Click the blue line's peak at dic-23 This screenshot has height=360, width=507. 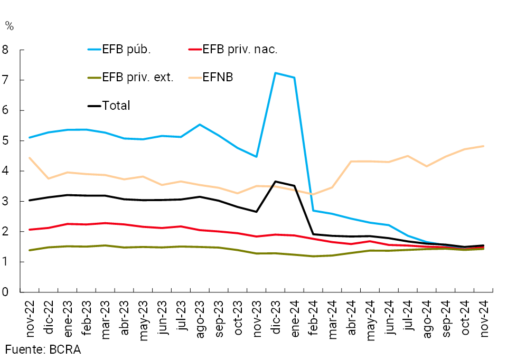coord(276,73)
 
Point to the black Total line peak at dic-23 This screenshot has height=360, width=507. coord(276,182)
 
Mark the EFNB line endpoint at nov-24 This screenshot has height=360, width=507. coord(484,146)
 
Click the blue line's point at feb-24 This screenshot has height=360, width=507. coord(313,211)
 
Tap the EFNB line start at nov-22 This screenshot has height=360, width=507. coord(30,158)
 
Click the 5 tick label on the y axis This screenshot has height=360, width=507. coord(7,141)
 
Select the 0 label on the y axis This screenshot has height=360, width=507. coord(7,292)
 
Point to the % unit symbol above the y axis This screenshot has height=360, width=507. coord(9,25)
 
